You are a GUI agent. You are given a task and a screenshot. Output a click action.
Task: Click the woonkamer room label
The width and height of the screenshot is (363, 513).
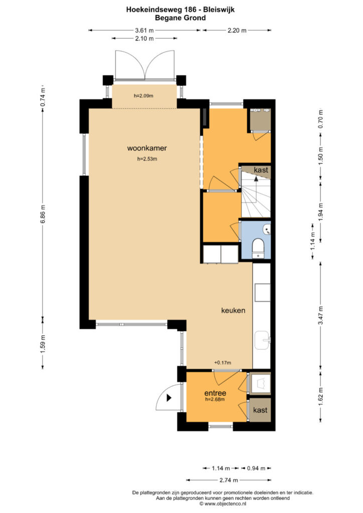(147, 148)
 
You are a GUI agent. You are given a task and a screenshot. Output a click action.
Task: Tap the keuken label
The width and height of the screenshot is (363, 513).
(233, 310)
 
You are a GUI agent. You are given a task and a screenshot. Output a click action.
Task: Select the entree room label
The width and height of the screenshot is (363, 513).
(215, 393)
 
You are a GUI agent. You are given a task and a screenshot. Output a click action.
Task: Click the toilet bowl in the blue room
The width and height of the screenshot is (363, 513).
(258, 246)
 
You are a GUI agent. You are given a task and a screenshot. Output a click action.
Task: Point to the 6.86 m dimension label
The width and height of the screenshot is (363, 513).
(43, 214)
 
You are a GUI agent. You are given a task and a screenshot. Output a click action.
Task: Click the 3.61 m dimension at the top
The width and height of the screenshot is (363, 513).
(144, 31)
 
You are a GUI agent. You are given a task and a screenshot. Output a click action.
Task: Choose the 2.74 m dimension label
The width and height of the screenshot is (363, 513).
(229, 480)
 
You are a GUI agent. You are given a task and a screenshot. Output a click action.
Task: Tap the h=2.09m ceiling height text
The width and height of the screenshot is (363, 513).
(143, 96)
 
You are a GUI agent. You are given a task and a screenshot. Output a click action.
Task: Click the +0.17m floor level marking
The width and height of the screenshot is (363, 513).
(223, 363)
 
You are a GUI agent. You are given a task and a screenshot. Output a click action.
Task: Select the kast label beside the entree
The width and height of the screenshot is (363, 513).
(260, 410)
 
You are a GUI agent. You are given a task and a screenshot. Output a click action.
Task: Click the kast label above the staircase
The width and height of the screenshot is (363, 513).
(261, 170)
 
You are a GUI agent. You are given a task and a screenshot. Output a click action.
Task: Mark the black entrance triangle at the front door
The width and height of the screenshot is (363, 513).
(169, 398)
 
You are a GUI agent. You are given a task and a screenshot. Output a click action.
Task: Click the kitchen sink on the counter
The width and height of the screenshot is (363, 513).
(262, 340)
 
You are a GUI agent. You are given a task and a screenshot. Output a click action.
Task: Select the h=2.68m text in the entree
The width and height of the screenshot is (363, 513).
(215, 399)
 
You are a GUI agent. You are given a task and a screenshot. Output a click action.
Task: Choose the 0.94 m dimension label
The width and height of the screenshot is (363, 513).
(256, 468)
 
